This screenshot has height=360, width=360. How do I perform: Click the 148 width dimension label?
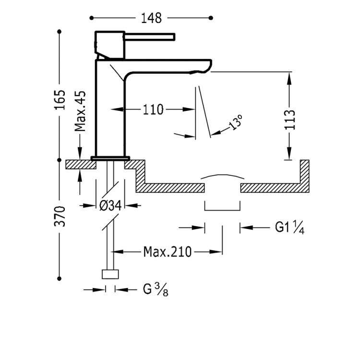151,18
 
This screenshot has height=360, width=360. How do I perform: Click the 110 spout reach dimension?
153,110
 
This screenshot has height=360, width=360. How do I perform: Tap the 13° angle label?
236,123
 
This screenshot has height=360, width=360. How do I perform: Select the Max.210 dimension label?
168,251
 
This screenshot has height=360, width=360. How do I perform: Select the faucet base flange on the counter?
110,157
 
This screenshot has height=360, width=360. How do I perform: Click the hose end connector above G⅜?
110,275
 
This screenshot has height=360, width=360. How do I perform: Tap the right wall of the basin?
304,173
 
